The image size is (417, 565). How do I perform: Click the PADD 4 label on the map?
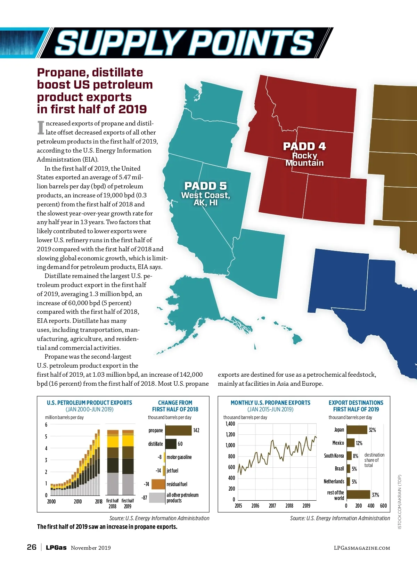click(x=304, y=147)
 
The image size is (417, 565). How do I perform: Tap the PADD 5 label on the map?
click(x=205, y=186)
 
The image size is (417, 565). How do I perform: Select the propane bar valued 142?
click(x=178, y=430)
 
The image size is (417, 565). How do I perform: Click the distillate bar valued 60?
click(x=171, y=444)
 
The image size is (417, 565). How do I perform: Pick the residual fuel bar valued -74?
click(x=158, y=484)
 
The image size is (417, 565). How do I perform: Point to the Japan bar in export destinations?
click(x=357, y=430)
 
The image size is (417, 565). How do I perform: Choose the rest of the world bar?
click(x=358, y=494)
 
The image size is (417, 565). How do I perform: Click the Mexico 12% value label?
click(x=359, y=443)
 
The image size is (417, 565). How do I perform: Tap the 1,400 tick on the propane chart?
click(x=230, y=424)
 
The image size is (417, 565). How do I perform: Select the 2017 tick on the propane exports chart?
click(x=272, y=506)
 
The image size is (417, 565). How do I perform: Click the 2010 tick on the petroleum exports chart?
click(x=77, y=501)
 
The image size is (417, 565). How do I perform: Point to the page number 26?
click(x=32, y=547)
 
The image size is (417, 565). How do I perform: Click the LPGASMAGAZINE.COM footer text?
click(x=362, y=548)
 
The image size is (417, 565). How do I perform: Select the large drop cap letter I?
click(x=41, y=128)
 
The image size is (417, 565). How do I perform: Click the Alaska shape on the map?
click(x=195, y=302)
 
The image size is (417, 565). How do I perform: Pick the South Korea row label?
click(x=334, y=456)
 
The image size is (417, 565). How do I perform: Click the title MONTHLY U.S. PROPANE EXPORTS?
click(x=270, y=402)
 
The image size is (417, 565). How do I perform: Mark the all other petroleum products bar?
click(x=157, y=498)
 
